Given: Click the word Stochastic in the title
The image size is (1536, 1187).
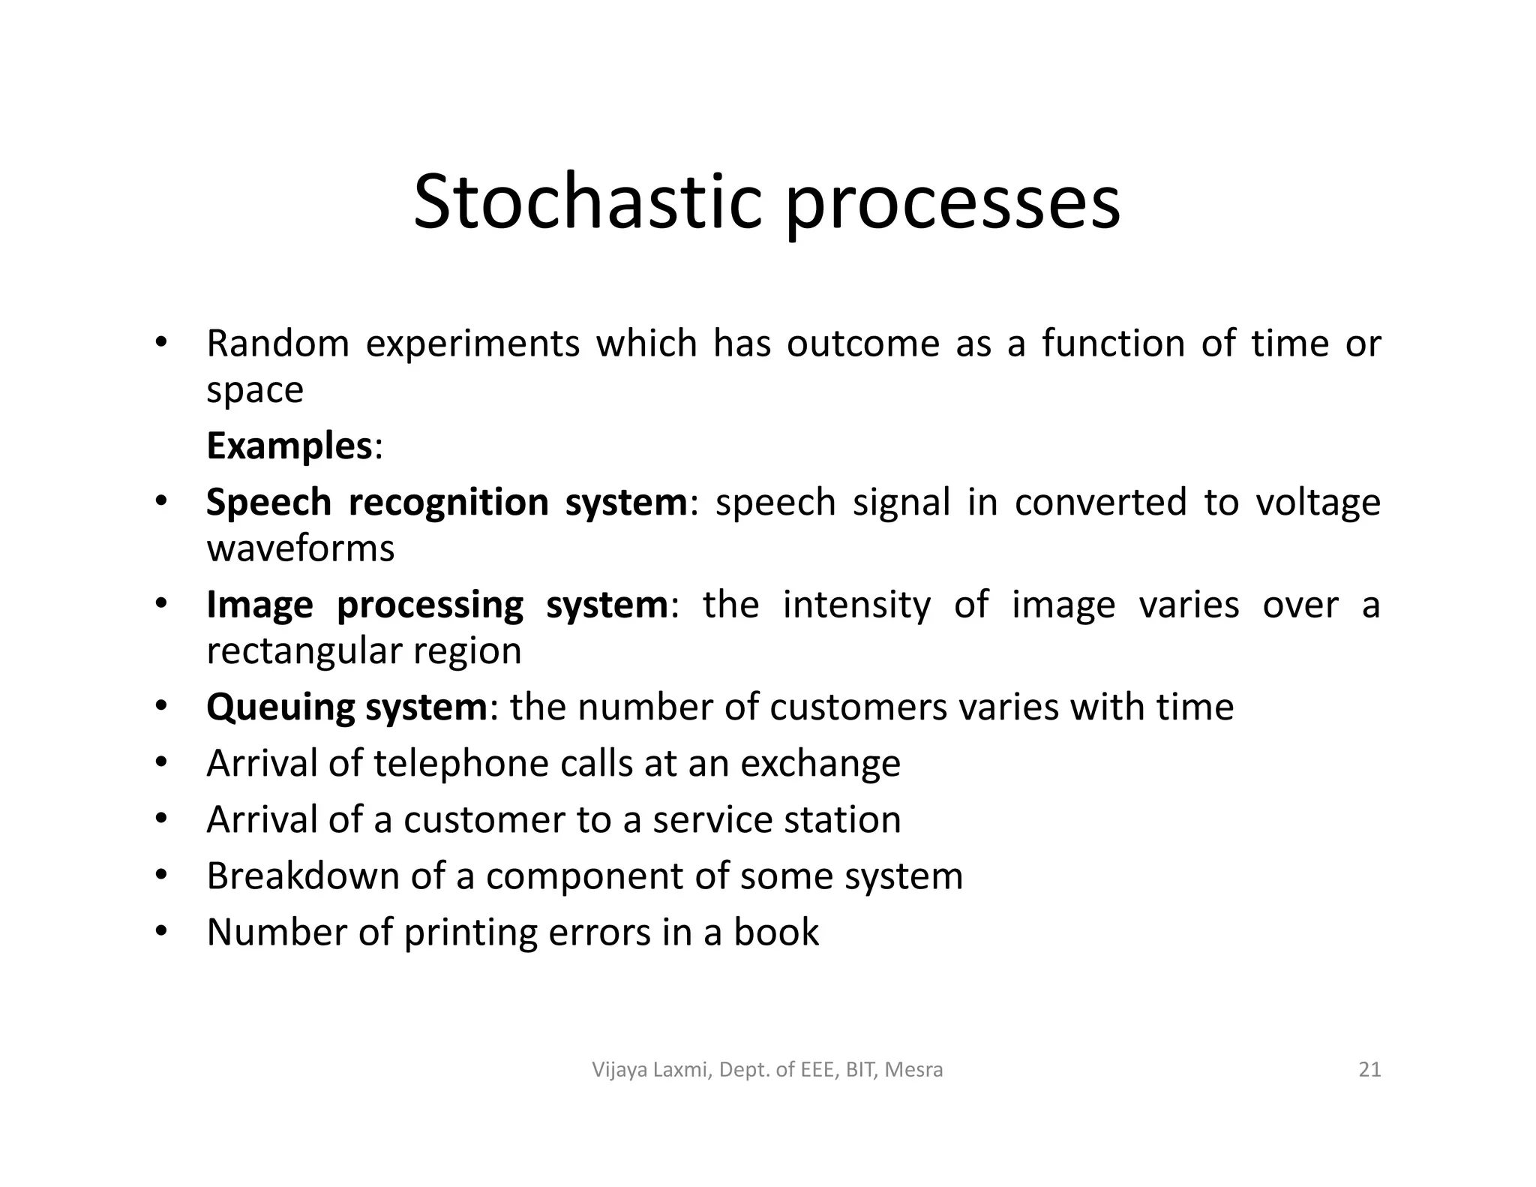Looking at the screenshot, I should click(x=587, y=203).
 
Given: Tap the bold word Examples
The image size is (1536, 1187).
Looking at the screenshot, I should click(x=289, y=446).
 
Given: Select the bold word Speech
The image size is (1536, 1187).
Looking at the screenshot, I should click(x=268, y=503).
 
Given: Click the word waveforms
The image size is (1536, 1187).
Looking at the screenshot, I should click(x=300, y=548).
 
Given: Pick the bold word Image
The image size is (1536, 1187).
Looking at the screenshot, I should click(x=259, y=606).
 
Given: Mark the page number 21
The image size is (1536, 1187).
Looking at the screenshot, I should click(x=1369, y=1069).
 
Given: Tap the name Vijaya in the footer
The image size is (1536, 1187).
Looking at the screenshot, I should click(x=619, y=1071).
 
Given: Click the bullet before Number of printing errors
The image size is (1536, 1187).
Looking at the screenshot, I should click(x=160, y=933).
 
